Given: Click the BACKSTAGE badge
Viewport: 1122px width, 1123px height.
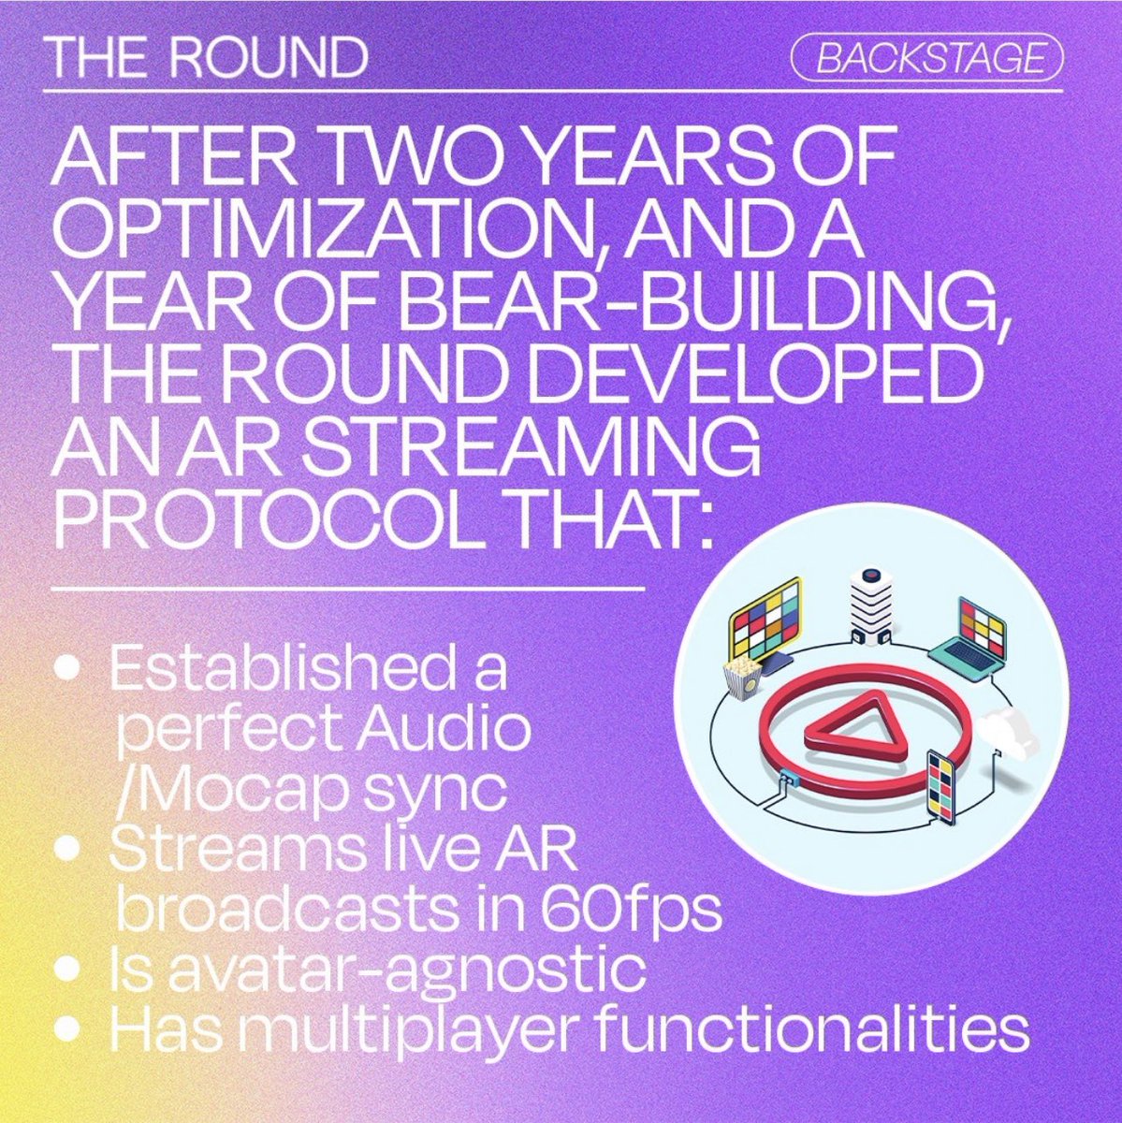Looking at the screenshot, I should coord(927,58).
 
